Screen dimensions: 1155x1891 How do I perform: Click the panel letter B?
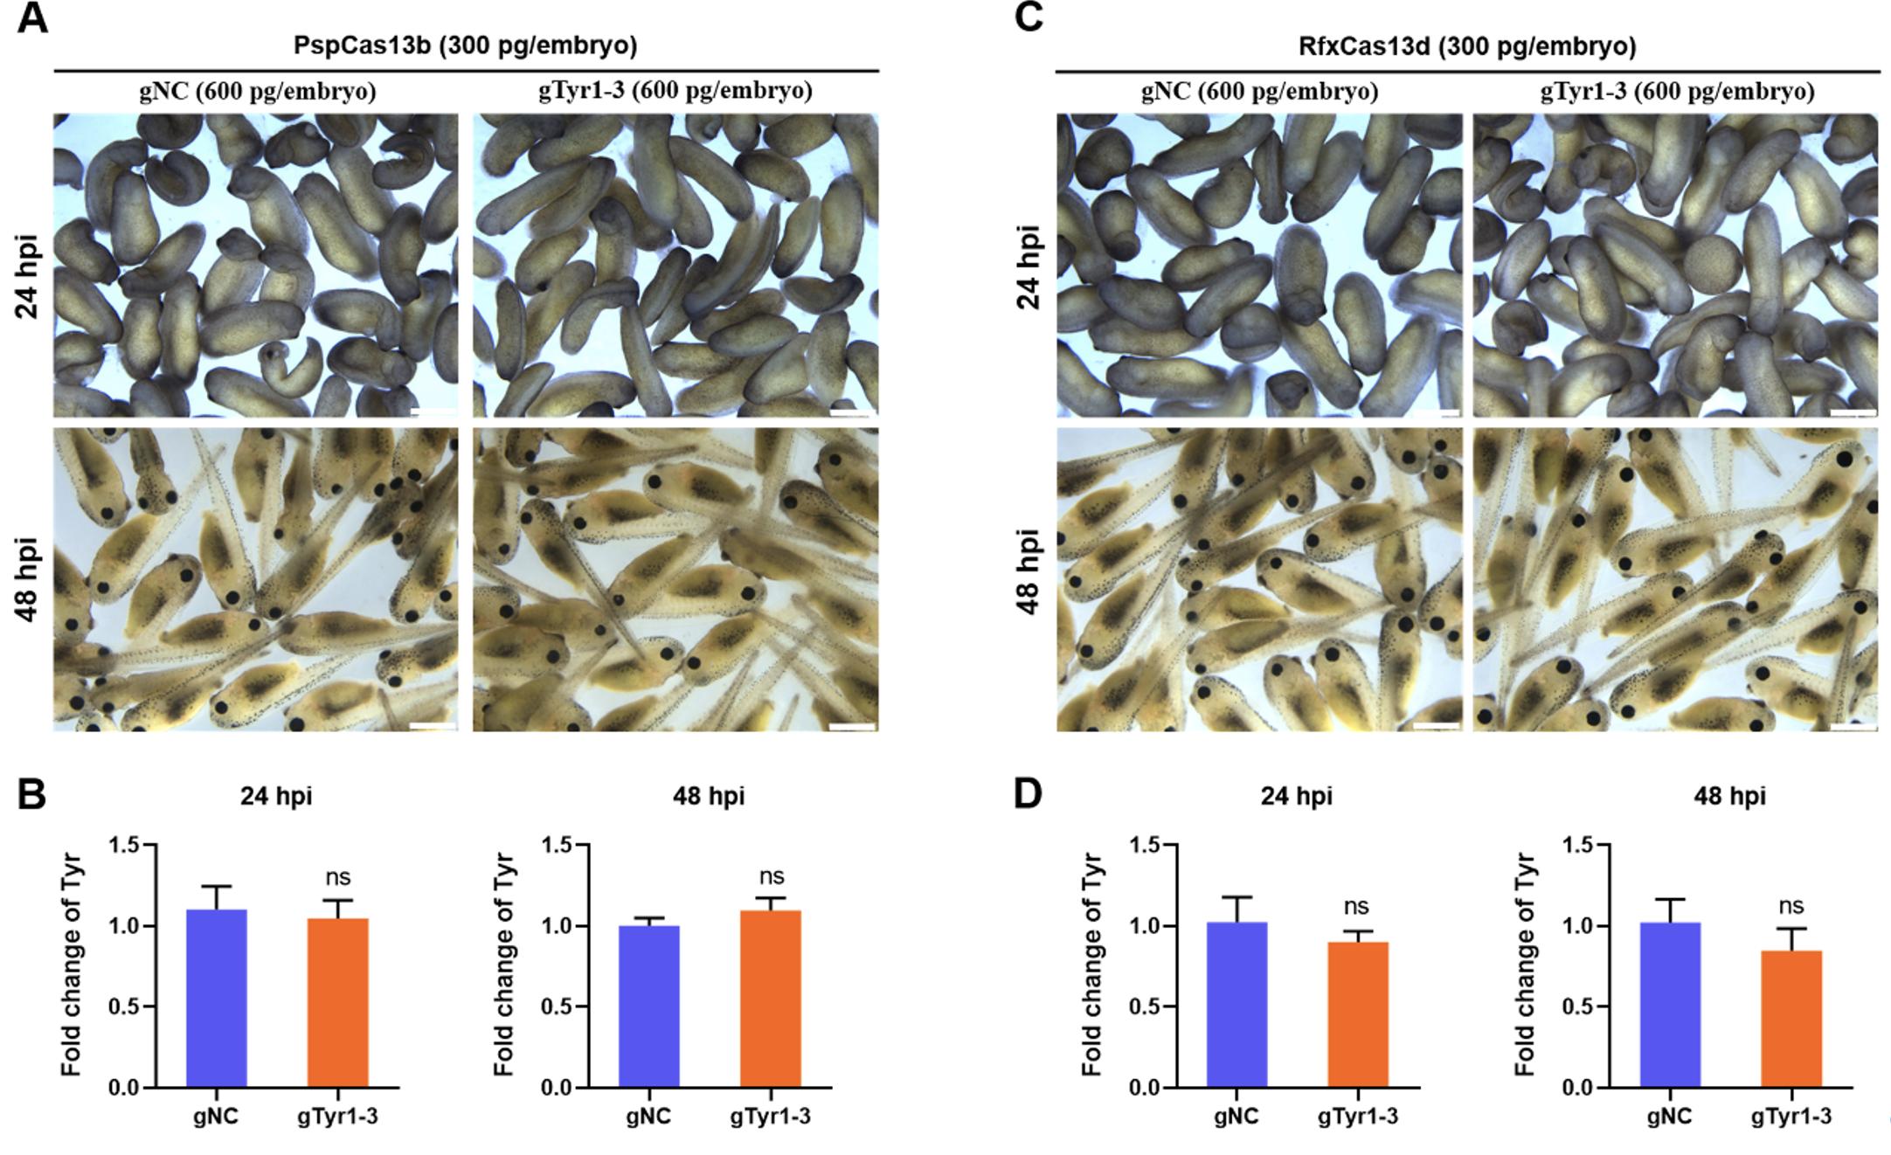[x=31, y=795]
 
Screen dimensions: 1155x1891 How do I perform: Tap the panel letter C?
[x=1029, y=17]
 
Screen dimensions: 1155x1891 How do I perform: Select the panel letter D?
[x=1028, y=795]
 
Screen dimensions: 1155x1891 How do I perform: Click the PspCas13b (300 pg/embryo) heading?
[x=465, y=46]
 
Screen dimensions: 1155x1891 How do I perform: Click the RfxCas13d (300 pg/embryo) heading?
[x=1467, y=46]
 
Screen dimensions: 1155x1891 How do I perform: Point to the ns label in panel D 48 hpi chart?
[x=1791, y=906]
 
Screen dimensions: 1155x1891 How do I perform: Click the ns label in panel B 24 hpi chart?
[x=337, y=877]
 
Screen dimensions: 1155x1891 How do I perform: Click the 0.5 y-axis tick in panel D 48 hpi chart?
[x=1576, y=1006]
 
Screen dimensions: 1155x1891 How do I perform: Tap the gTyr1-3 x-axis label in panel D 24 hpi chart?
[x=1358, y=1117]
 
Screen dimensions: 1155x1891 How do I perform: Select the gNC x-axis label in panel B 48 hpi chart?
[x=648, y=1117]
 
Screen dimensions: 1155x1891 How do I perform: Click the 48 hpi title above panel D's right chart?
[x=1729, y=796]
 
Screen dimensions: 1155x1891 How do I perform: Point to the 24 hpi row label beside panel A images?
[x=28, y=275]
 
